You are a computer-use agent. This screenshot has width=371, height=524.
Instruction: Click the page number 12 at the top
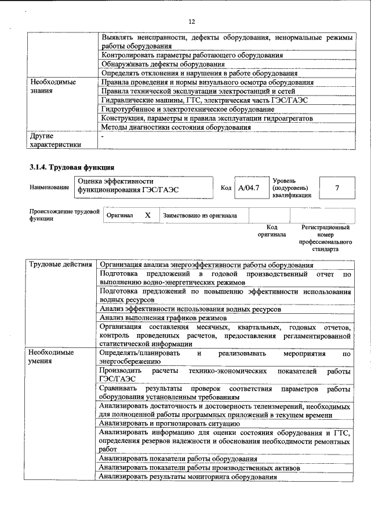pyautogui.click(x=192, y=21)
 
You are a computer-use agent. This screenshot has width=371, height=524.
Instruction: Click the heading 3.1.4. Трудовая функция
pyautogui.click(x=68, y=168)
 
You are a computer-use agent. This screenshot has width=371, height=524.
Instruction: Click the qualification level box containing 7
pyautogui.click(x=337, y=188)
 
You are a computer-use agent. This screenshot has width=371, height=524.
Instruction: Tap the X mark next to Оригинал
pyautogui.click(x=148, y=215)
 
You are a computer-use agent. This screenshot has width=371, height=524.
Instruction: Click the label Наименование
pyautogui.click(x=49, y=188)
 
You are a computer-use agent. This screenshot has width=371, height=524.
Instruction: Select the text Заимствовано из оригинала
pyautogui.click(x=200, y=215)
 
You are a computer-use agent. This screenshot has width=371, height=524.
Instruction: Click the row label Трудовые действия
pyautogui.click(x=61, y=265)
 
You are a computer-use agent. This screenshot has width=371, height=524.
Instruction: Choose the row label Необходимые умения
pyautogui.click(x=52, y=357)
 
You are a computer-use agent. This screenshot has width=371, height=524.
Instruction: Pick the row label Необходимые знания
pyautogui.click(x=53, y=86)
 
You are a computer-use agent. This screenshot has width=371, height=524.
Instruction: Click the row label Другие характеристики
pyautogui.click(x=56, y=140)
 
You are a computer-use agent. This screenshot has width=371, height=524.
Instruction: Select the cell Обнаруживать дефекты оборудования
pyautogui.click(x=163, y=64)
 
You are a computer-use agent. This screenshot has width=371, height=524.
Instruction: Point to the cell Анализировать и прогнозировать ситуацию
pyautogui.click(x=169, y=424)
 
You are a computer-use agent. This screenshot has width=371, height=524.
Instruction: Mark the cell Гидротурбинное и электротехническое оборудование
pyautogui.click(x=188, y=109)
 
